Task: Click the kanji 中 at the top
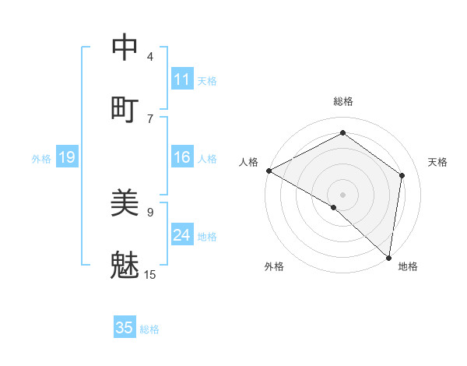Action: (x=125, y=48)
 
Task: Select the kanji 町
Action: (x=125, y=108)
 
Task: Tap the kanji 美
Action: (x=125, y=203)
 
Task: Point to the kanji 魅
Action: (x=125, y=264)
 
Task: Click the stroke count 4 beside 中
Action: (x=150, y=57)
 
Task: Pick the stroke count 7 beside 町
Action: (x=150, y=118)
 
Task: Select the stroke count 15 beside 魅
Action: (x=150, y=274)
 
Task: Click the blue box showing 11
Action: (x=182, y=79)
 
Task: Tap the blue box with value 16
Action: (x=182, y=157)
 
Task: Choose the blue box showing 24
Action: (x=182, y=235)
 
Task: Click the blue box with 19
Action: (x=67, y=158)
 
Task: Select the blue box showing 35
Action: (x=125, y=328)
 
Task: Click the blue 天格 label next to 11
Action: (x=207, y=80)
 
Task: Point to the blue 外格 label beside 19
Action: (x=41, y=159)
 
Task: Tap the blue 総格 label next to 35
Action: (x=149, y=329)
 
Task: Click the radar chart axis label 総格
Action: (x=343, y=101)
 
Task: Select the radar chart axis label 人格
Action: (x=248, y=162)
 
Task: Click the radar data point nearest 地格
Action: (x=388, y=257)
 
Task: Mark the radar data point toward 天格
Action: (x=402, y=175)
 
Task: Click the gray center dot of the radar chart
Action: (x=342, y=193)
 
